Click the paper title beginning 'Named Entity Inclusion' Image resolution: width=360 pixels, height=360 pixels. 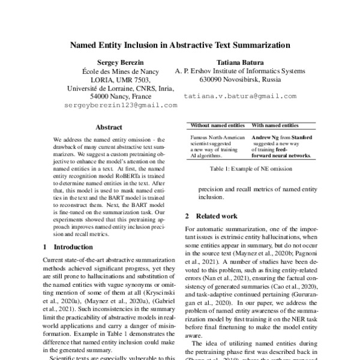(180, 44)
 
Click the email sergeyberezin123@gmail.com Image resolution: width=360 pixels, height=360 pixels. (121, 105)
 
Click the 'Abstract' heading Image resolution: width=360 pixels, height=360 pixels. (109, 127)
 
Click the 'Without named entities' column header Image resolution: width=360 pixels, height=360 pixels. (217, 125)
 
